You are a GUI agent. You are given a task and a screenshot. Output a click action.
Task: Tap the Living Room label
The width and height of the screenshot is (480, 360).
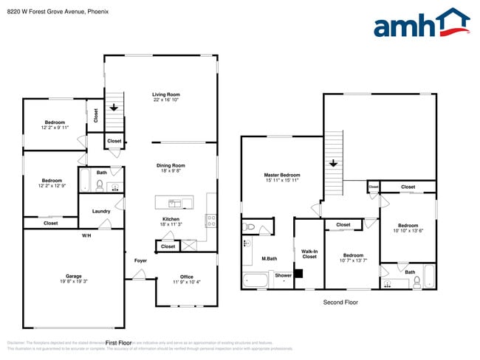pyautogui.click(x=166, y=94)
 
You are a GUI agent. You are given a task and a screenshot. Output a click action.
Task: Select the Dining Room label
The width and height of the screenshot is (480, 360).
pyautogui.click(x=171, y=165)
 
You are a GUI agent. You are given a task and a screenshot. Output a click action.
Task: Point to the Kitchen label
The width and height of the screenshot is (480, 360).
pyautogui.click(x=171, y=219)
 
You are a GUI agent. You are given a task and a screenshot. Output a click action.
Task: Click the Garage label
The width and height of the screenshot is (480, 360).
pyautogui.click(x=73, y=276)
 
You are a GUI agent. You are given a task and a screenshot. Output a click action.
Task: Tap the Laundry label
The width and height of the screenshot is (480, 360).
pyautogui.click(x=101, y=211)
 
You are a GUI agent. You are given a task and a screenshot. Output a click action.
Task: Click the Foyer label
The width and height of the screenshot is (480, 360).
pyautogui.click(x=140, y=260)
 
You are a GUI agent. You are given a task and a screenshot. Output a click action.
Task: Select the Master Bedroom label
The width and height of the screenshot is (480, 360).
pyautogui.click(x=282, y=175)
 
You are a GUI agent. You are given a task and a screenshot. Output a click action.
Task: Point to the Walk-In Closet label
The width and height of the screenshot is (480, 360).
pyautogui.click(x=309, y=254)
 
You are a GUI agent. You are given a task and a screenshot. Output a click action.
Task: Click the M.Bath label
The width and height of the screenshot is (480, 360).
pyautogui.click(x=269, y=259)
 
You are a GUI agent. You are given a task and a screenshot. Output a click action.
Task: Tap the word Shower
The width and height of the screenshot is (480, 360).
pyautogui.click(x=283, y=275)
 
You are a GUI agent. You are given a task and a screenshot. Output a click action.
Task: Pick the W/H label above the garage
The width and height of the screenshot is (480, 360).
pyautogui.click(x=86, y=235)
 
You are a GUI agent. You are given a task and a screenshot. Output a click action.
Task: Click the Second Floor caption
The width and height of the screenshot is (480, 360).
pyautogui.click(x=341, y=302)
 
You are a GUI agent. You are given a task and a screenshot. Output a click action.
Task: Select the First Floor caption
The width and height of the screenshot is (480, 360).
pyautogui.click(x=118, y=342)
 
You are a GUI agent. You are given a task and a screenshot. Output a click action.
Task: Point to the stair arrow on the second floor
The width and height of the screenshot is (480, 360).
pyautogui.click(x=334, y=164)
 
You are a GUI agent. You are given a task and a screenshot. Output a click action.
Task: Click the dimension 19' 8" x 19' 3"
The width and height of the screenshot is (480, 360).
pyautogui.click(x=73, y=281)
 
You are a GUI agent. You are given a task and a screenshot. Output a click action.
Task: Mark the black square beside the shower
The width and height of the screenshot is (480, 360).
pyautogui.click(x=298, y=274)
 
